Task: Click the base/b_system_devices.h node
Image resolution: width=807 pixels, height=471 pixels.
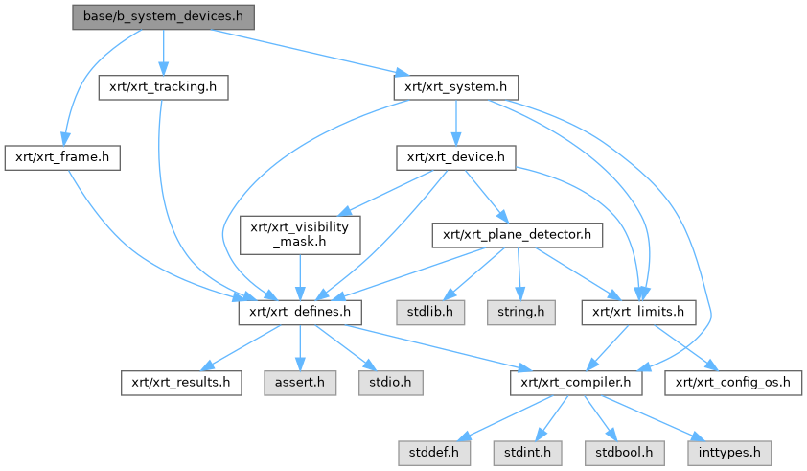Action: click(162, 17)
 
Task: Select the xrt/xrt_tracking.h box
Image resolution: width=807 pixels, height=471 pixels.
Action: click(163, 87)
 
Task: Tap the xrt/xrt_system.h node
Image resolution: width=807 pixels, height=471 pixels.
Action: click(455, 87)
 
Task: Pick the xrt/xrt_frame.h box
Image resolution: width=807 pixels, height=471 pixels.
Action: click(62, 157)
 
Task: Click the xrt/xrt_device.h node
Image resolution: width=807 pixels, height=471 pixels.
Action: click(456, 157)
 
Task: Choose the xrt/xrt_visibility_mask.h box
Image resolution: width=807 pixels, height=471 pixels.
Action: click(300, 234)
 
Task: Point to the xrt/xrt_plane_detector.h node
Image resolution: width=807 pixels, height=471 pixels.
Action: click(518, 234)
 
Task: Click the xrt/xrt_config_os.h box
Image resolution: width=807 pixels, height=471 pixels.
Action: click(732, 381)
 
